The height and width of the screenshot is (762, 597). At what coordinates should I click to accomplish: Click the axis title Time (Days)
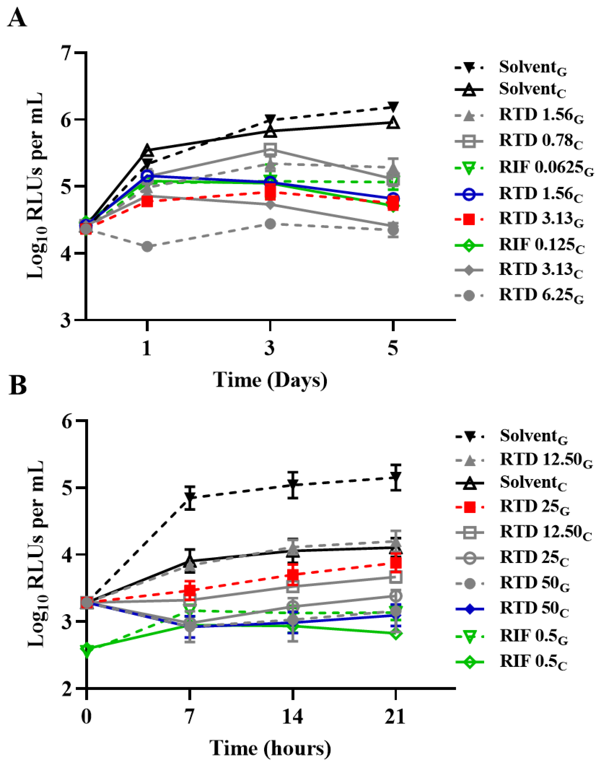tap(270, 380)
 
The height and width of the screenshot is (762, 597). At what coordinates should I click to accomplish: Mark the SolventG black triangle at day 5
tap(393, 107)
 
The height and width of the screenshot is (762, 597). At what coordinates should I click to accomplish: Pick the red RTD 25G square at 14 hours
tap(293, 574)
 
